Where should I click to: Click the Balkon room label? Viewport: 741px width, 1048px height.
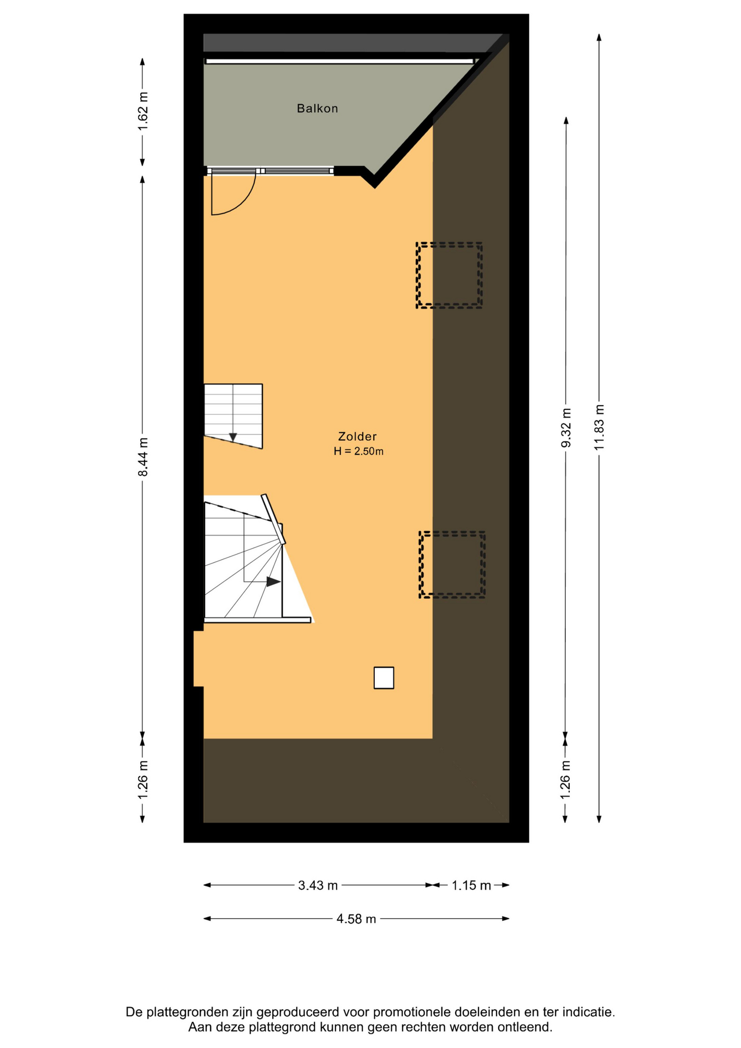[317, 109]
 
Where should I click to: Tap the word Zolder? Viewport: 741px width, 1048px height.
[357, 436]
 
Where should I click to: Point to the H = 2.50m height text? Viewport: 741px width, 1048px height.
[358, 451]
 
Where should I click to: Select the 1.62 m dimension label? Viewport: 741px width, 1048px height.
[143, 111]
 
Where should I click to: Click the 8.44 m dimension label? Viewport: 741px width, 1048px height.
[143, 457]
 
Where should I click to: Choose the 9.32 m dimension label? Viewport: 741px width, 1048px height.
[566, 427]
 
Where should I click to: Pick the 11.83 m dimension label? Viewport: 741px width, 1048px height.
[600, 427]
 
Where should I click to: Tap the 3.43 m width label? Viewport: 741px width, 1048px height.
[318, 885]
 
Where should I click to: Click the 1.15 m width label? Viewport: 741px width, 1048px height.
[471, 885]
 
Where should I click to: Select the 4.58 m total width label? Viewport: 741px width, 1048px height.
[356, 919]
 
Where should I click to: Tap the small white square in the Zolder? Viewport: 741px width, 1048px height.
[384, 678]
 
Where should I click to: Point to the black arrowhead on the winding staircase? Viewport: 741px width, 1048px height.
[273, 582]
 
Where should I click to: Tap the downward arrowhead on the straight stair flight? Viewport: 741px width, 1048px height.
[233, 437]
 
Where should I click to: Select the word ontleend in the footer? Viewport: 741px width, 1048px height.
[527, 1028]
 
